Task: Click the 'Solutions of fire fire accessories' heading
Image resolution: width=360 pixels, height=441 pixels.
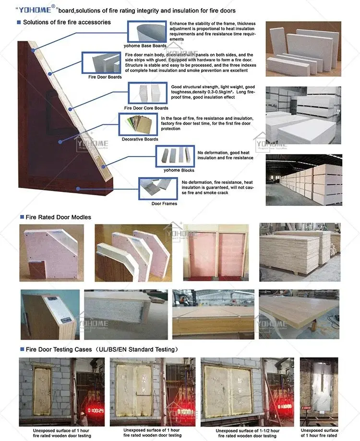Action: point(67,22)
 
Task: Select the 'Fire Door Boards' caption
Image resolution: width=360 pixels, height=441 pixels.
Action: point(105,77)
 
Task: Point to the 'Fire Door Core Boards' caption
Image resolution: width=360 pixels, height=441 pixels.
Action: point(146,108)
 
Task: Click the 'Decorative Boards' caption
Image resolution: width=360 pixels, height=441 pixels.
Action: point(140,139)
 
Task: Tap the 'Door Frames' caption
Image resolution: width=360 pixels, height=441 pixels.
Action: point(164,203)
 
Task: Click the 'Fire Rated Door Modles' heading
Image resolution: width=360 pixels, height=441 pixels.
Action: point(58,217)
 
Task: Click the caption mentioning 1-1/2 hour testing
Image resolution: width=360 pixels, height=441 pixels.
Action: point(247,433)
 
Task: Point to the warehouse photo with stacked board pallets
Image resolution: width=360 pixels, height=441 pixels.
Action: point(304,180)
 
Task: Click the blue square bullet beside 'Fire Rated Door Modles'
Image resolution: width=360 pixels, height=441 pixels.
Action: point(22,217)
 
